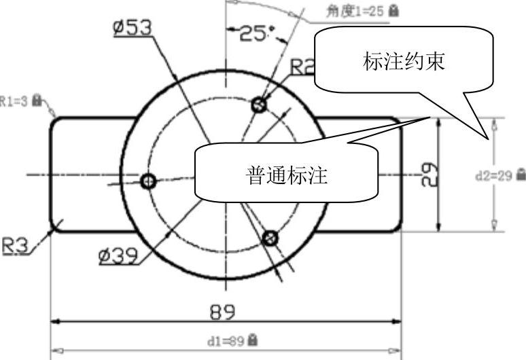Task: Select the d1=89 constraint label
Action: (227, 339)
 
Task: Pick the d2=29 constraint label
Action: (494, 175)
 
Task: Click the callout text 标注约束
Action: (404, 62)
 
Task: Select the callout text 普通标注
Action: (286, 177)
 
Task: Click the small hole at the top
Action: (258, 105)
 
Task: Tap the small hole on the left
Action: (148, 181)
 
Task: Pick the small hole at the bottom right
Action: (270, 238)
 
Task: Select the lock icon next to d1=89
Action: (253, 338)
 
